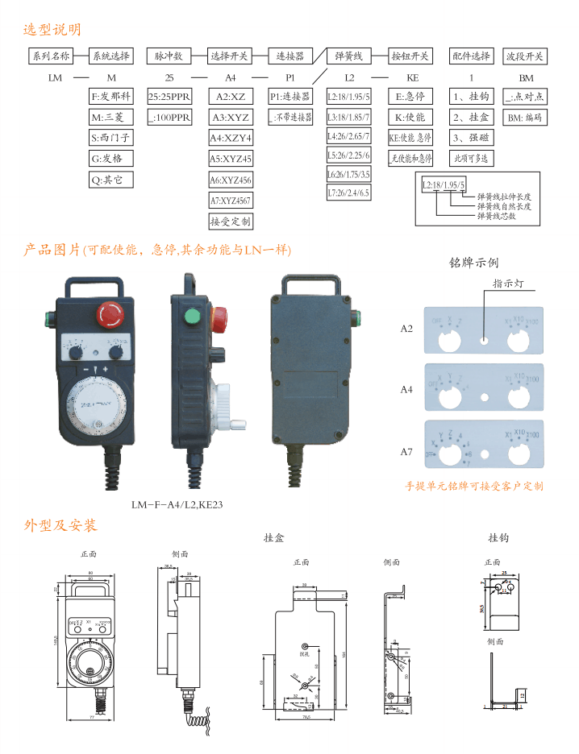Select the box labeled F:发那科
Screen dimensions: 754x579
[110, 97]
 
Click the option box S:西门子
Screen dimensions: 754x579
[110, 138]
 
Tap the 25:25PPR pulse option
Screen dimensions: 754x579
[169, 97]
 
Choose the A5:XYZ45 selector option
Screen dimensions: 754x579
[231, 159]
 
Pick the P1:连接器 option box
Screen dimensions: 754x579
[290, 97]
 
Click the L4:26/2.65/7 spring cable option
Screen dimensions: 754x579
[348, 137]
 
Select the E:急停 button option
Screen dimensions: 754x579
[410, 97]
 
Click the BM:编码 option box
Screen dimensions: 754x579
[524, 118]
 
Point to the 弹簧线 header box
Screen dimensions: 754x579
[349, 56]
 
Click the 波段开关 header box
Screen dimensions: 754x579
[525, 56]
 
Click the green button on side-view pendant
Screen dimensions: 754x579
[193, 315]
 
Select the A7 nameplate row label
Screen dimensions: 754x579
[406, 452]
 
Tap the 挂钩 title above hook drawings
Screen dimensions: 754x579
[498, 538]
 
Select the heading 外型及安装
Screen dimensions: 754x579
[60, 526]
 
